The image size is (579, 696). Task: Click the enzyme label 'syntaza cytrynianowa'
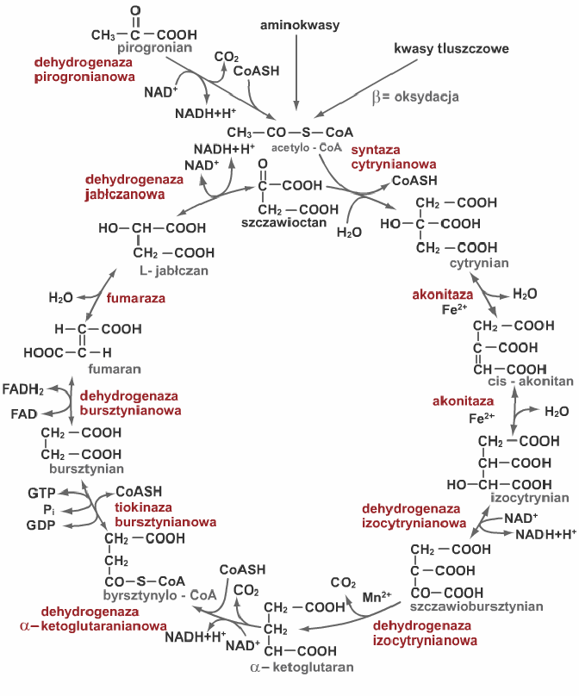click(x=393, y=156)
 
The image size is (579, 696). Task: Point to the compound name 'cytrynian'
click(x=479, y=262)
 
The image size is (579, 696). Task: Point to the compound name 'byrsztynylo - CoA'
click(x=159, y=594)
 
